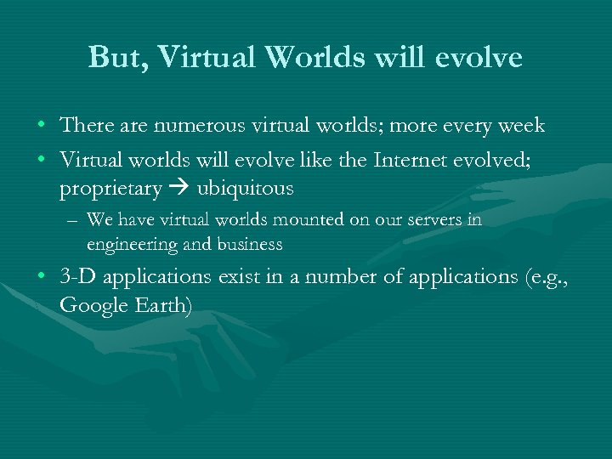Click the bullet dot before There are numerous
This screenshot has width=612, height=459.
coord(42,127)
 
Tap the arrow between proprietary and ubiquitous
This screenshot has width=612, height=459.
coord(178,189)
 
